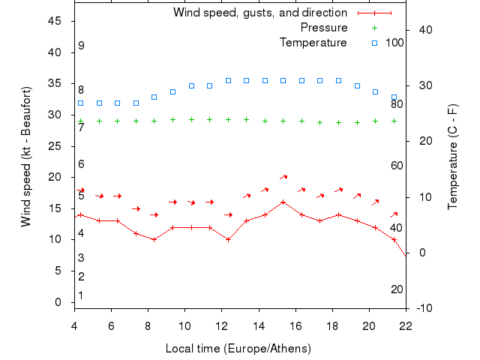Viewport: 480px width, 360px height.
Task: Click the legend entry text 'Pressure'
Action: click(324, 28)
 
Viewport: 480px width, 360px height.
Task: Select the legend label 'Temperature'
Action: click(313, 43)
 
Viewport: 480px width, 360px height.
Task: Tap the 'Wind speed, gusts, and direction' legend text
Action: click(260, 13)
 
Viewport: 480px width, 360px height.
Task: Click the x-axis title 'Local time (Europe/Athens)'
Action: click(238, 349)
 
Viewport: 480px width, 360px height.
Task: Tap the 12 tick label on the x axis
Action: click(221, 325)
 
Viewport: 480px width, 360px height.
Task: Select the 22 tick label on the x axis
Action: click(406, 325)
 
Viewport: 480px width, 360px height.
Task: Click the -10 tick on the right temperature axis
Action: click(423, 308)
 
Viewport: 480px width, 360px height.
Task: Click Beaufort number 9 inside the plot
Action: click(81, 46)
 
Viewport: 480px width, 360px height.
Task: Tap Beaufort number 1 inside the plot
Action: click(81, 295)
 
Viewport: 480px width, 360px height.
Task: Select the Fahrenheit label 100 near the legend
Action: click(395, 43)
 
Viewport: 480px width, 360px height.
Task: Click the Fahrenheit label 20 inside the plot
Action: click(397, 289)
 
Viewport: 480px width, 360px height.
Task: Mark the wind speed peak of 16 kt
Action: click(283, 202)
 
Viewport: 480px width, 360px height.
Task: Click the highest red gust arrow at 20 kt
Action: click(283, 177)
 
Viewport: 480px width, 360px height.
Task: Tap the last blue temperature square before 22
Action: click(394, 97)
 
